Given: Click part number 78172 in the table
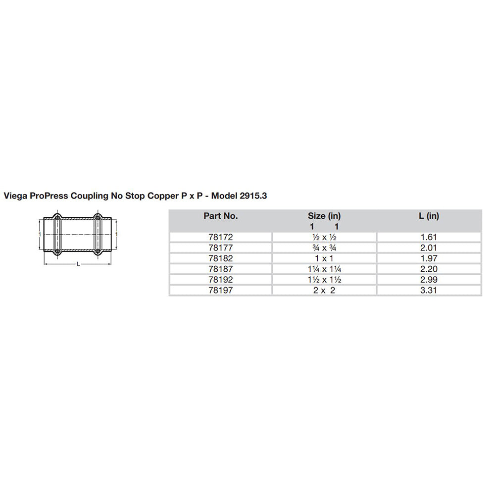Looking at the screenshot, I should pyautogui.click(x=220, y=237).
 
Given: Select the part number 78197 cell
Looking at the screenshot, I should pyautogui.click(x=220, y=291).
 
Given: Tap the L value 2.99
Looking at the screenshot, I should pyautogui.click(x=429, y=280).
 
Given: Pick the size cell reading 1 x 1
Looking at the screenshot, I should pyautogui.click(x=324, y=258).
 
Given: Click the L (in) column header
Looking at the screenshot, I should pyautogui.click(x=429, y=216).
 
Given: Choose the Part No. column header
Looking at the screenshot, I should pyautogui.click(x=220, y=216).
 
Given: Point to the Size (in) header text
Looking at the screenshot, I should pyautogui.click(x=324, y=216).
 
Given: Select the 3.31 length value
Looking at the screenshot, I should pyautogui.click(x=429, y=291).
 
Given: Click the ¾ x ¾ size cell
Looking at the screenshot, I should pyautogui.click(x=324, y=247).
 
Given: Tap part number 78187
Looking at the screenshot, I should pyautogui.click(x=220, y=269).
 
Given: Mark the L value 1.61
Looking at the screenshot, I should pyautogui.click(x=429, y=237).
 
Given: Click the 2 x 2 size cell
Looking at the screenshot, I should pyautogui.click(x=324, y=291).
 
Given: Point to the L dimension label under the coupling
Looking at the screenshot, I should pyautogui.click(x=78, y=264).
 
